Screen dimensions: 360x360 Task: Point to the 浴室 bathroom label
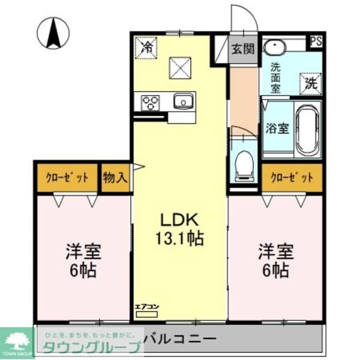(x=277, y=128)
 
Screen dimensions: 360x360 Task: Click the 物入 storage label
(x=115, y=178)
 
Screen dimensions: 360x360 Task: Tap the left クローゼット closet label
(x=67, y=178)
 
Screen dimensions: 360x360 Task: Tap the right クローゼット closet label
(x=292, y=178)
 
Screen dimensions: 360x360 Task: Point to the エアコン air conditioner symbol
(x=146, y=309)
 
